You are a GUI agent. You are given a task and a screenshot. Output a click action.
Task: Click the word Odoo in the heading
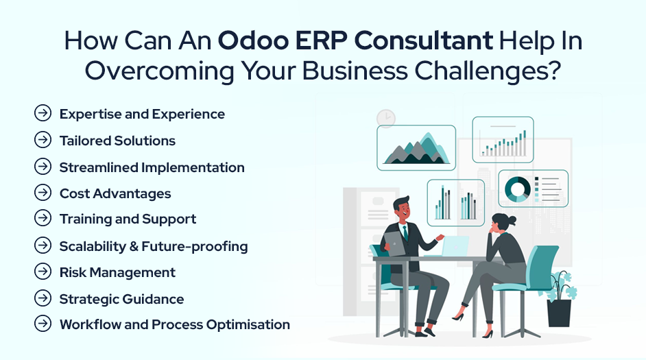[253, 40]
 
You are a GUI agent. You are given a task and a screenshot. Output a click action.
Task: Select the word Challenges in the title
[488, 71]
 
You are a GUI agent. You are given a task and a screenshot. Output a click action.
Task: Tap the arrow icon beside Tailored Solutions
[43, 140]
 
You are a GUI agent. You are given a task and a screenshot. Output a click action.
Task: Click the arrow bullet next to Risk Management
[43, 272]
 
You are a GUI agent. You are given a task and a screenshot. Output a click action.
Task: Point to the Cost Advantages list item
[115, 193]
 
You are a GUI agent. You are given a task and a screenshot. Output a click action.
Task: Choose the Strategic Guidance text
[121, 299]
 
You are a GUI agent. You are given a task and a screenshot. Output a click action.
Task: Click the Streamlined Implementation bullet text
[152, 167]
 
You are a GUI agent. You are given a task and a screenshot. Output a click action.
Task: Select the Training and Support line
[128, 219]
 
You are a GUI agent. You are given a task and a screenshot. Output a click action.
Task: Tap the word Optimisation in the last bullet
[248, 325]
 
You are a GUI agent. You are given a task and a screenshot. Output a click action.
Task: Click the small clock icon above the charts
[386, 119]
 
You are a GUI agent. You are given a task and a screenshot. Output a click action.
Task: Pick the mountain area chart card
[416, 148]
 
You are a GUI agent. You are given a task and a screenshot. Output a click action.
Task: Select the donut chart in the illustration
[518, 189]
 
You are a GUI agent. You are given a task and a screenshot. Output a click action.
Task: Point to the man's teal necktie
[405, 233]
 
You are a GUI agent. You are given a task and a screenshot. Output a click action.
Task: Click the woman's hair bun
[512, 220]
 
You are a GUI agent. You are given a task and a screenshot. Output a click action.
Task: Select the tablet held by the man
[393, 243]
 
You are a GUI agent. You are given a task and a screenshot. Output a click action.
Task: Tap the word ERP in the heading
[320, 40]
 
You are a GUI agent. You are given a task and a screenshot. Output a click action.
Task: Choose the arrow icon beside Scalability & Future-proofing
[43, 245]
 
